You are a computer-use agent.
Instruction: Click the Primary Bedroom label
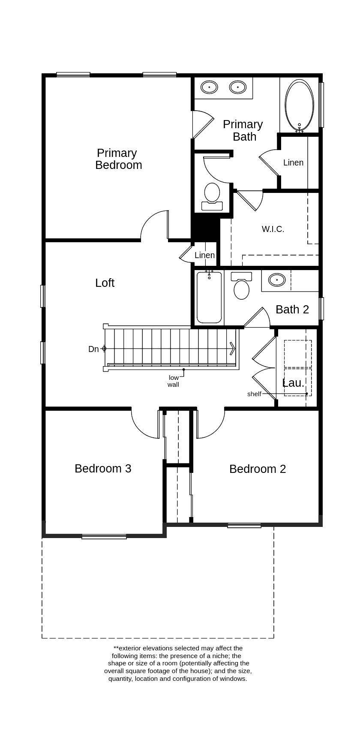click(x=118, y=159)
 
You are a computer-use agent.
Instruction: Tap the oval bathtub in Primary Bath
click(x=299, y=105)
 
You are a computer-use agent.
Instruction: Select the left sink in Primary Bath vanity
click(x=209, y=87)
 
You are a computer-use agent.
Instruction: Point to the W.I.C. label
click(x=273, y=229)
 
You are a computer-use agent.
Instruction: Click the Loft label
click(x=105, y=283)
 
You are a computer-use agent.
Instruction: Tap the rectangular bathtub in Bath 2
click(x=209, y=298)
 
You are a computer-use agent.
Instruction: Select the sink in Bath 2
click(x=277, y=280)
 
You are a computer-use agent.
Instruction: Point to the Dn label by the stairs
click(x=93, y=349)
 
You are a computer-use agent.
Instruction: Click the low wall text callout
click(x=173, y=381)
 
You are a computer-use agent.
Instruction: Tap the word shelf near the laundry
click(x=254, y=394)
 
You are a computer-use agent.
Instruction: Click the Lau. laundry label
click(x=294, y=383)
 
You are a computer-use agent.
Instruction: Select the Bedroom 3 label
click(x=103, y=469)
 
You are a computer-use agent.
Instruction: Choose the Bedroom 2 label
click(x=258, y=469)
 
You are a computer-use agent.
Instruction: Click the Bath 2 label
click(x=292, y=310)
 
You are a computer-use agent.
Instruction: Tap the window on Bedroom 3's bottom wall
click(x=104, y=536)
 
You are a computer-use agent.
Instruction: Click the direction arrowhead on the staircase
click(x=232, y=349)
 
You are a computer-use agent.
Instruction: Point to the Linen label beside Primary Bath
click(x=293, y=163)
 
